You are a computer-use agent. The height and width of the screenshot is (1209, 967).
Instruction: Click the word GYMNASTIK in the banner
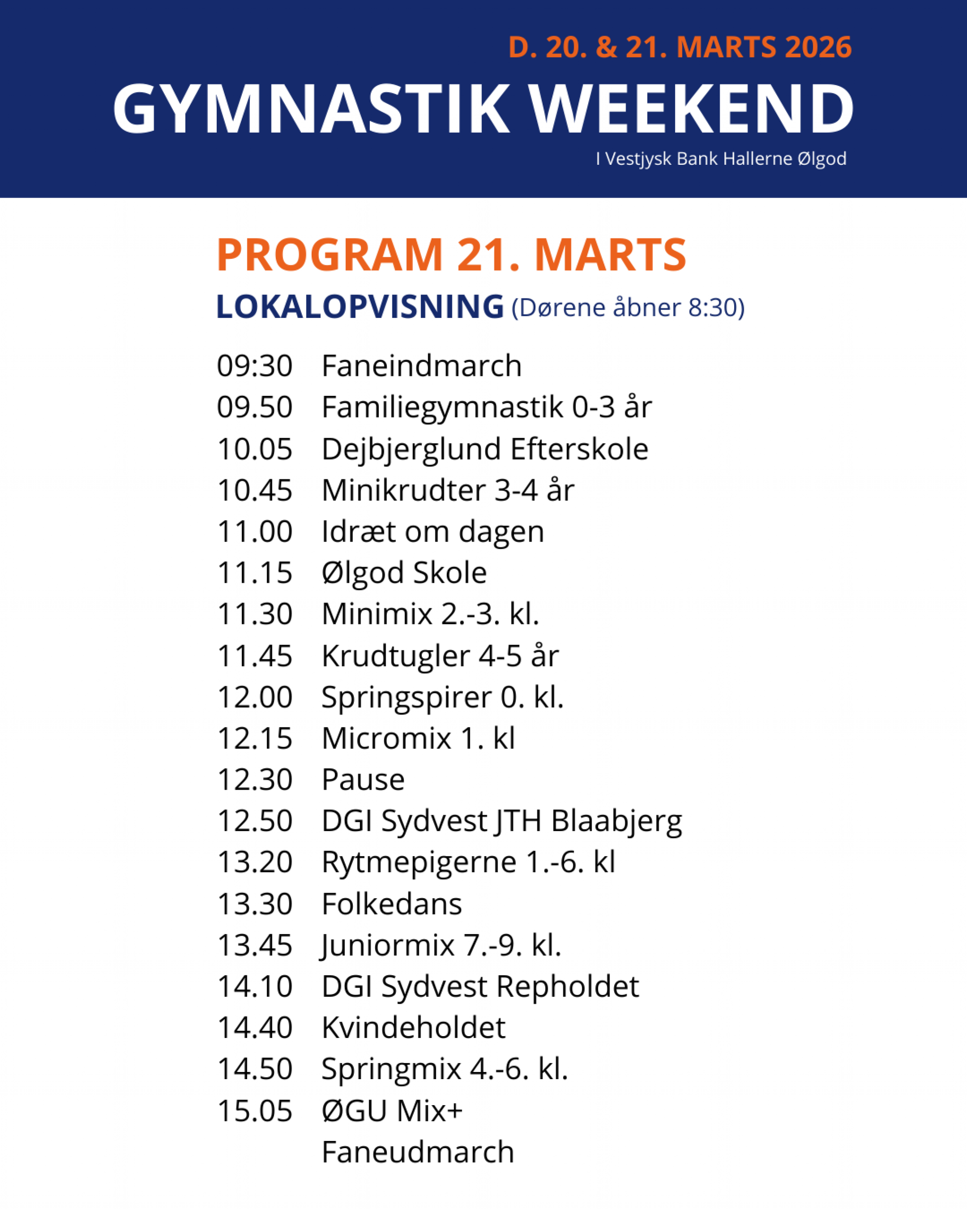(x=311, y=110)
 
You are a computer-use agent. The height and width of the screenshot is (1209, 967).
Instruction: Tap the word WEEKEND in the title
(x=691, y=110)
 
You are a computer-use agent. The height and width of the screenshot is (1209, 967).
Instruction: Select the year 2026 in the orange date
(x=818, y=47)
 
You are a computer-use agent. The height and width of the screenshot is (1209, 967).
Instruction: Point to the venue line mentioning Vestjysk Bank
(x=721, y=159)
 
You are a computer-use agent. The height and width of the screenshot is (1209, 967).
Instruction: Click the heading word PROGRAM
(x=330, y=255)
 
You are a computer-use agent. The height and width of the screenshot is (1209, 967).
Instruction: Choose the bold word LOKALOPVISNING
(x=360, y=307)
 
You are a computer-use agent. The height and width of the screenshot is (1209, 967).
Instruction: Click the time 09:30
(x=254, y=366)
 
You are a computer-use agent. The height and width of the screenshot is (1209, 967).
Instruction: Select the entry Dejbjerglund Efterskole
(x=485, y=449)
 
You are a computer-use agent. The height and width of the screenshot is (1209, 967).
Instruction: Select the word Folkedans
(x=392, y=904)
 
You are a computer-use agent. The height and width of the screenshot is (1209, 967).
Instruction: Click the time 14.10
(x=254, y=987)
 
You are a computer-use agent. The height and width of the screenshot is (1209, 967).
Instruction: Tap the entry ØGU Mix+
(x=392, y=1111)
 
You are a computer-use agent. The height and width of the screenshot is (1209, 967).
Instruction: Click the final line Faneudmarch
(x=417, y=1153)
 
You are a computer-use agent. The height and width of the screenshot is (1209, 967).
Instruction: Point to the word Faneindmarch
(x=422, y=366)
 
